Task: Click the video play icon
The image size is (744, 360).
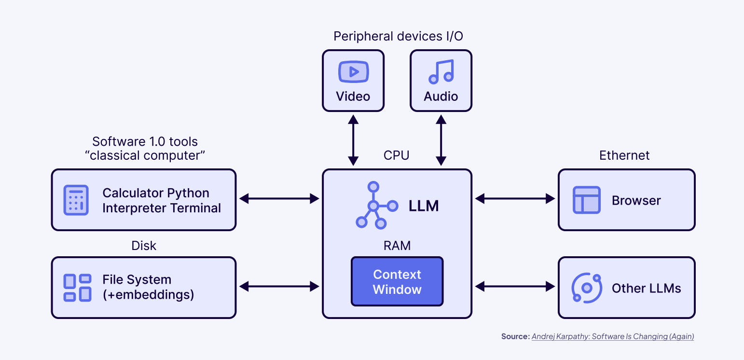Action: point(353,72)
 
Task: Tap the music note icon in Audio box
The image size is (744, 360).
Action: point(441,72)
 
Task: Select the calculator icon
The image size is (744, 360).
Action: point(76,200)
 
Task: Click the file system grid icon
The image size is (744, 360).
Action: point(77,288)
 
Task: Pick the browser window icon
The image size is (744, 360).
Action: point(586,200)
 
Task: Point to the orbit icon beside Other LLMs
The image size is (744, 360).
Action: point(586,288)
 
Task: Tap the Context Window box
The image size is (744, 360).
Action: point(397,282)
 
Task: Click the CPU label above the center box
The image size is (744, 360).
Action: point(397,155)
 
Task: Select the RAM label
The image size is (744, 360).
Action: point(397,246)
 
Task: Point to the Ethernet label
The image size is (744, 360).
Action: point(624,155)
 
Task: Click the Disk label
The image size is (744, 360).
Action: point(144,246)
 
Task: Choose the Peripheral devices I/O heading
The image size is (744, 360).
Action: point(398,36)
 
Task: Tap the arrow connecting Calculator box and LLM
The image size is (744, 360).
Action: point(279,198)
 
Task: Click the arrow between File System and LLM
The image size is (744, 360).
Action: point(279,287)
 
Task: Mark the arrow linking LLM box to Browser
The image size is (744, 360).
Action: point(515,198)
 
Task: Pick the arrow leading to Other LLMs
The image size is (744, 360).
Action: point(515,287)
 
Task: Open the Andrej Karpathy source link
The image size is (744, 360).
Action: point(613,336)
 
